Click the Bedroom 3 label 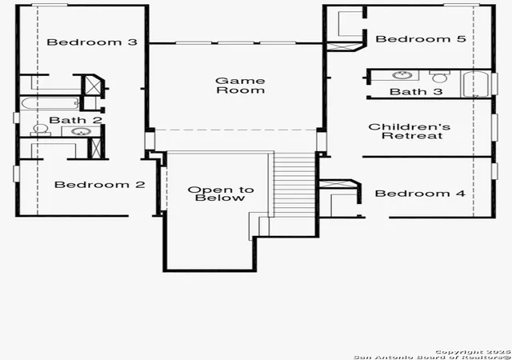pos(92,42)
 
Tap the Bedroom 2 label pos(99,185)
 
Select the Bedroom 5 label pos(421,39)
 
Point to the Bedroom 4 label pos(420,194)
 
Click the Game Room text pos(240,86)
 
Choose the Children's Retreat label pos(410,131)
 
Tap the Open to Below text pos(221,194)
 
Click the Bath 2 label pos(75,120)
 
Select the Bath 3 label pos(416,91)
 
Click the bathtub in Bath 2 pos(50,103)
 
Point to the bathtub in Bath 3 pos(476,84)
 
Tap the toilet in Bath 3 pos(439,76)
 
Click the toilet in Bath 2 pos(41,130)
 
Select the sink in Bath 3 pos(401,75)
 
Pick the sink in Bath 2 pos(81,131)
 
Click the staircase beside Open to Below pos(294,185)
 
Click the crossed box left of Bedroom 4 pos(337,184)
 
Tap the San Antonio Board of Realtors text pos(432,357)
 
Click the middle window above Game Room pos(236,42)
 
